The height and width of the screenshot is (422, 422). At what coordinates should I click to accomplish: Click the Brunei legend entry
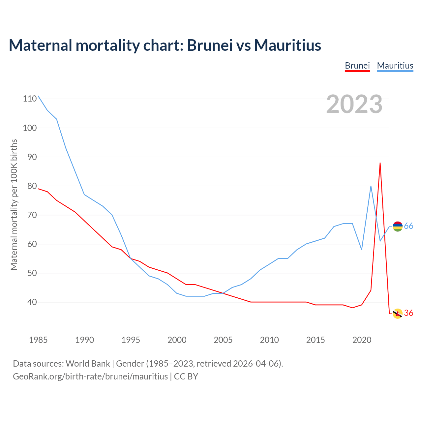(x=357, y=66)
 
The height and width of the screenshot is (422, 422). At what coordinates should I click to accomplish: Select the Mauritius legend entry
(x=395, y=66)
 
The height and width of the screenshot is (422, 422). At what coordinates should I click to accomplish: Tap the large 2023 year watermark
(x=354, y=104)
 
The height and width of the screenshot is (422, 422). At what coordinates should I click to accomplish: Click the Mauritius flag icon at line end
(x=398, y=226)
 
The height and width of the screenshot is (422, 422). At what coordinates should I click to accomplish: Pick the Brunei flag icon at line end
(x=398, y=314)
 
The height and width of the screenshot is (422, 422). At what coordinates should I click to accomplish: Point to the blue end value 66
(x=408, y=226)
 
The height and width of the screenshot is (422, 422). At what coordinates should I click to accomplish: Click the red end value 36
(x=408, y=313)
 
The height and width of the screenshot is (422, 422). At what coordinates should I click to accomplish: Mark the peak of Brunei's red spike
(x=380, y=163)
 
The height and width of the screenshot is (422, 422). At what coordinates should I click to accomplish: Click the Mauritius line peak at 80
(x=371, y=186)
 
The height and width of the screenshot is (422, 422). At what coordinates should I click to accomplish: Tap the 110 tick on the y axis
(x=30, y=99)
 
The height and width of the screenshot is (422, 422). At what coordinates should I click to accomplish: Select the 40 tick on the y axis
(x=32, y=302)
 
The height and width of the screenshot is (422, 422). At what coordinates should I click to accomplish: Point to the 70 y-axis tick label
(x=32, y=215)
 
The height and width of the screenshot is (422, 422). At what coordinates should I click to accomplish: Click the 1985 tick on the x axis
(x=38, y=340)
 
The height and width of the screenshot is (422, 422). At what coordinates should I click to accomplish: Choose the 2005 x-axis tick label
(x=223, y=340)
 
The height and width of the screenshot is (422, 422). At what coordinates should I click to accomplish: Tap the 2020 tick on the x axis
(x=362, y=340)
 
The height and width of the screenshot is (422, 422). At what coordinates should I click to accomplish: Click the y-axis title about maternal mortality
(x=14, y=204)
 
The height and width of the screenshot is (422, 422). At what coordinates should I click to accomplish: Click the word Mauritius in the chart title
(x=287, y=45)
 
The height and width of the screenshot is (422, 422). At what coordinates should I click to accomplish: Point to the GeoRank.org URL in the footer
(x=90, y=377)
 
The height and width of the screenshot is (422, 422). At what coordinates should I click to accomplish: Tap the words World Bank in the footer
(x=88, y=364)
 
